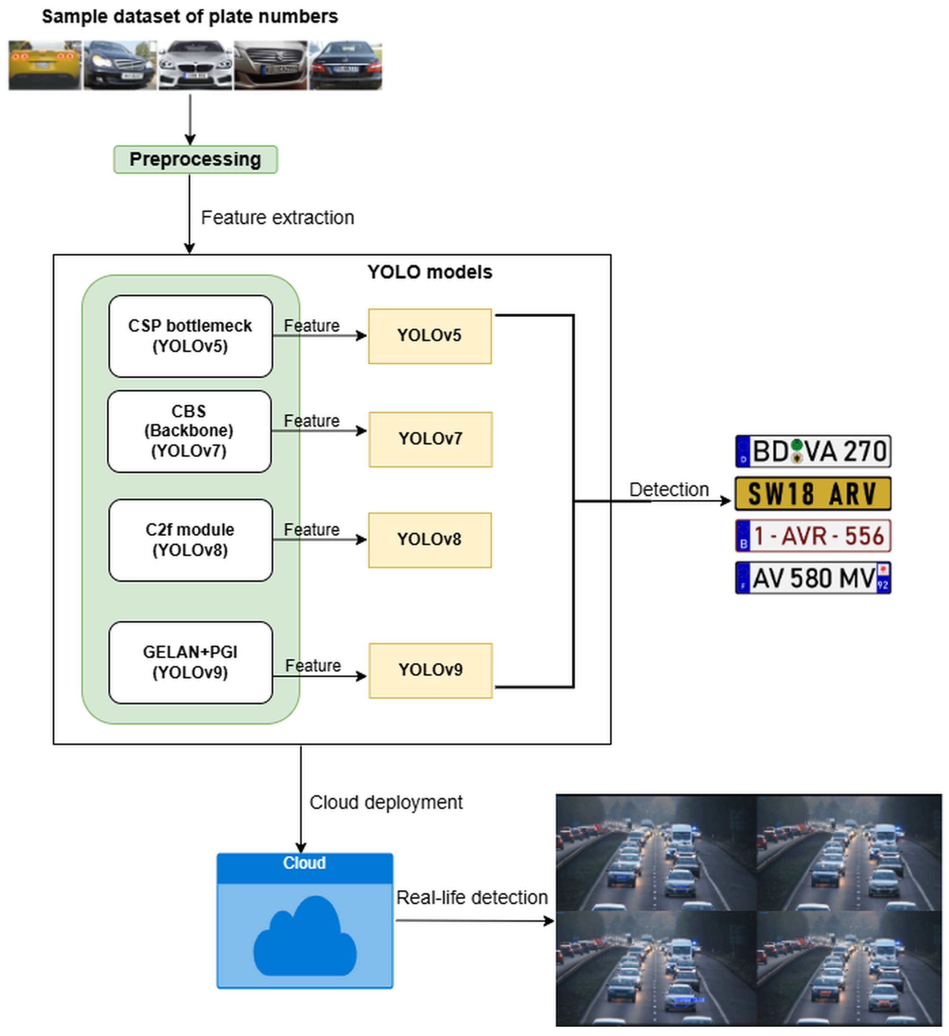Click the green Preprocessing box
click(x=195, y=159)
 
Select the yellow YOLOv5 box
click(x=430, y=336)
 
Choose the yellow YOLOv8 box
click(x=430, y=540)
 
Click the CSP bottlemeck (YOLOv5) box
click(x=190, y=336)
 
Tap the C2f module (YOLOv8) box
click(x=190, y=540)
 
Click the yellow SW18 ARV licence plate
click(x=813, y=494)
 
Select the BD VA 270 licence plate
click(x=813, y=451)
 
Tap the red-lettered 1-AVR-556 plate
click(x=813, y=536)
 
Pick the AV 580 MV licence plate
click(x=813, y=578)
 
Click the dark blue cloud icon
click(x=305, y=938)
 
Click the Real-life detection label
click(x=472, y=898)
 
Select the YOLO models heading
click(x=430, y=272)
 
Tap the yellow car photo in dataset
click(x=45, y=65)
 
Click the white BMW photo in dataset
click(x=195, y=65)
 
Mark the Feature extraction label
click(x=277, y=218)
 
